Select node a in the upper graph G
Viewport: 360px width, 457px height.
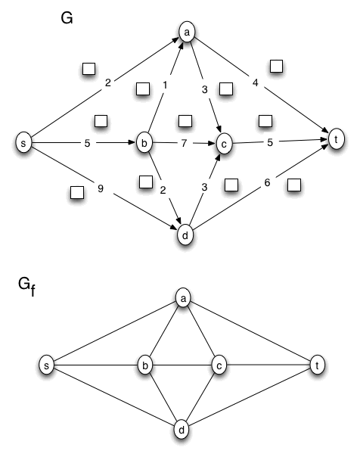point(186,33)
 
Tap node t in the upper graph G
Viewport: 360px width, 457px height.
point(334,138)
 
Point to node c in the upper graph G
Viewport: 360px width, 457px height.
point(223,141)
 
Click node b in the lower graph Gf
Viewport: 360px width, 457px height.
point(145,366)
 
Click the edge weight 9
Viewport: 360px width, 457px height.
point(101,188)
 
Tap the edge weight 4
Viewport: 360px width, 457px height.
point(256,83)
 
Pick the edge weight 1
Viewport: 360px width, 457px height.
point(165,87)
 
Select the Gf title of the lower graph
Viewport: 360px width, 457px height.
point(26,286)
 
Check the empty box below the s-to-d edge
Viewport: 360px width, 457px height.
point(76,192)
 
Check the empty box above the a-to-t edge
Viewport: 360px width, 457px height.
point(276,66)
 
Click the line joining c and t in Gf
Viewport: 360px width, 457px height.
point(268,366)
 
